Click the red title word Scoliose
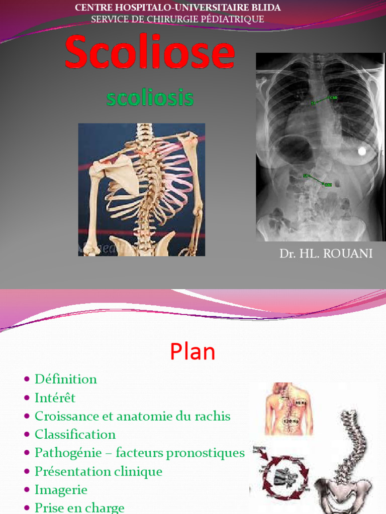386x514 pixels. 150,53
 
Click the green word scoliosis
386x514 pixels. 150,98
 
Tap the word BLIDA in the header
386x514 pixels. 264,8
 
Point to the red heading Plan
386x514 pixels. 192,352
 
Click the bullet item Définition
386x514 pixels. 65,379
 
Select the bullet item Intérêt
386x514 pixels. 55,398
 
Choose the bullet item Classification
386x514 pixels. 75,434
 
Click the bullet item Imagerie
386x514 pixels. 61,489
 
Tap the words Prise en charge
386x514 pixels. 79,507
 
